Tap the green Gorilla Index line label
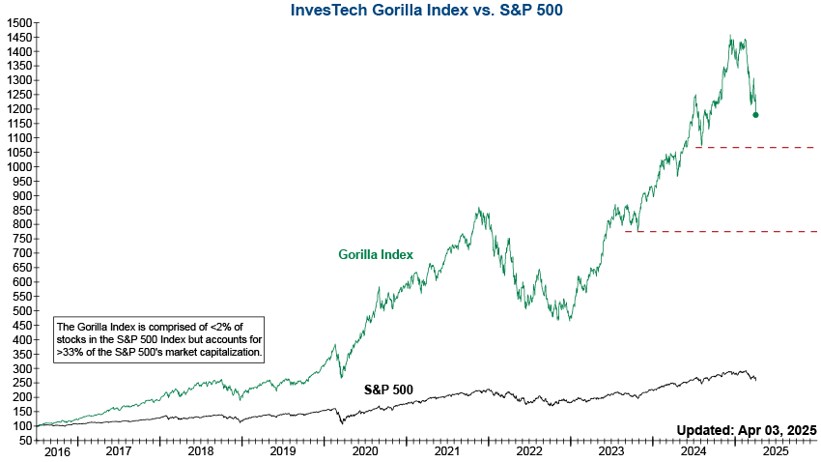[376, 255]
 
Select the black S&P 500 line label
[388, 390]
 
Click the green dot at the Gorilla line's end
[755, 115]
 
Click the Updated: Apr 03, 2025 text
[747, 429]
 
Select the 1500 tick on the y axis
[17, 22]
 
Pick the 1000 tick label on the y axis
[17, 166]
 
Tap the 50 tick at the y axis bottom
[23, 441]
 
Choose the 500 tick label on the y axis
[20, 311]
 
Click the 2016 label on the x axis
[57, 450]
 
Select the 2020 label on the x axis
[365, 450]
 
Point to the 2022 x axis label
[529, 450]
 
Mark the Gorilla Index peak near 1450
[731, 37]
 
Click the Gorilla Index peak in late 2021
[478, 207]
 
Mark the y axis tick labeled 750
[20, 239]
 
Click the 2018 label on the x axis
[201, 450]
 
